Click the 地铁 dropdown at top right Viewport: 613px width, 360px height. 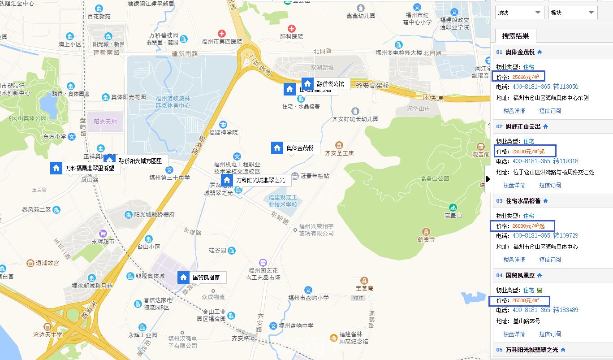[519, 13]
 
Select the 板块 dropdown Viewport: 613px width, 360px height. [573, 13]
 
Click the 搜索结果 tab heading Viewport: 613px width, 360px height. [515, 36]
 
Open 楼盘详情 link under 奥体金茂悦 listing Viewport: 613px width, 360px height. [514, 111]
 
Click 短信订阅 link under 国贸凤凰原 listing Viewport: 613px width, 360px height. [550, 334]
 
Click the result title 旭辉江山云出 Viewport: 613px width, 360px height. [523, 126]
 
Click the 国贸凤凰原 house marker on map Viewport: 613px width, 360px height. [183, 277]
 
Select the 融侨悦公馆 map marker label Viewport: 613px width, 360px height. [330, 84]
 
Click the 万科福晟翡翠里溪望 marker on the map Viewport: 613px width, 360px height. [90, 169]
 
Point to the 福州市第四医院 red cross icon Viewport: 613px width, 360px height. [221, 34]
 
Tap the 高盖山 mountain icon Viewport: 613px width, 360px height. [453, 208]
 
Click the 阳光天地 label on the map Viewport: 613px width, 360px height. [105, 121]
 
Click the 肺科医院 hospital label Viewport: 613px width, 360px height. [292, 36]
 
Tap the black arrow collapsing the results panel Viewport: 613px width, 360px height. [488, 179]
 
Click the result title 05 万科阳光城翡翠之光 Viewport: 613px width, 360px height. [531, 350]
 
